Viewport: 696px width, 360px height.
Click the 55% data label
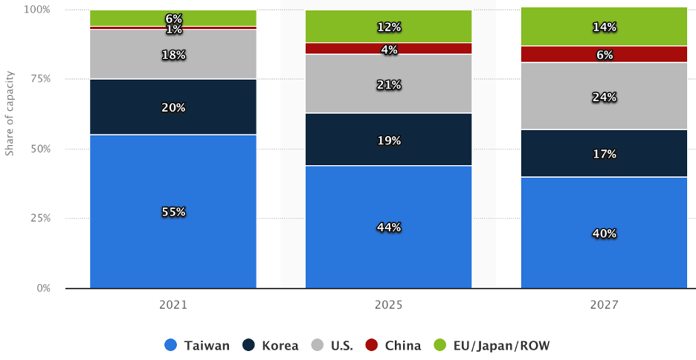[173, 212]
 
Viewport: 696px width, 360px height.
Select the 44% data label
[389, 227]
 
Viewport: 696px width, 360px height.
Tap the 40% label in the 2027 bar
[604, 233]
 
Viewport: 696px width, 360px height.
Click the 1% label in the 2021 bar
[173, 29]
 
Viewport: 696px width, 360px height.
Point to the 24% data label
[604, 97]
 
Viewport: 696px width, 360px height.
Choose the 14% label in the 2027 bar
[604, 27]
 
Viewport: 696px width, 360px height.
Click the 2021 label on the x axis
[173, 305]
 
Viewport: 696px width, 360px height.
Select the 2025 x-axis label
[388, 305]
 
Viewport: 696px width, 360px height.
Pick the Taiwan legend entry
[197, 345]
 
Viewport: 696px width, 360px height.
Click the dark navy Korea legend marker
[248, 345]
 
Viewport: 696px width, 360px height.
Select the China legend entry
[394, 345]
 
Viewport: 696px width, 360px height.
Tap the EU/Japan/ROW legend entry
[494, 345]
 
